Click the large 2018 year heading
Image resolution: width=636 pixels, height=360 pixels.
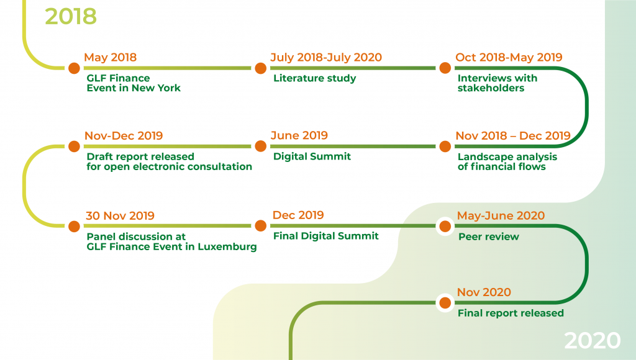tap(71, 16)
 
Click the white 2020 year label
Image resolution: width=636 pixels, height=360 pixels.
tap(592, 340)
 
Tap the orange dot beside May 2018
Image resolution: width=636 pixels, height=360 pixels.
tap(74, 68)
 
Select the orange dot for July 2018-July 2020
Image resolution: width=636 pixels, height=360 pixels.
tap(260, 68)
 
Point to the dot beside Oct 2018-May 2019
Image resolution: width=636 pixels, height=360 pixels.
tap(445, 68)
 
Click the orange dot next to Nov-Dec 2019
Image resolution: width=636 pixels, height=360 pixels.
tap(74, 146)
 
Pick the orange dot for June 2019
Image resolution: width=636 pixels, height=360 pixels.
tap(260, 146)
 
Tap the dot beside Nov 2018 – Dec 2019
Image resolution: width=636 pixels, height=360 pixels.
tap(445, 146)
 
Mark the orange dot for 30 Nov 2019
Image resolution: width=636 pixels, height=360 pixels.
tap(74, 227)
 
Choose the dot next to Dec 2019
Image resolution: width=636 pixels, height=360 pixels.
tap(260, 227)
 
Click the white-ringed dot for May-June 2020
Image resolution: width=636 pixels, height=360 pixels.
tap(445, 227)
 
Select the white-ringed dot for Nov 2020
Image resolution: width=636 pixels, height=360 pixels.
tap(445, 303)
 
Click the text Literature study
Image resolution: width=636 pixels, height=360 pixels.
tap(314, 78)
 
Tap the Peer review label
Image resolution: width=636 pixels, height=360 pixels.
tap(488, 236)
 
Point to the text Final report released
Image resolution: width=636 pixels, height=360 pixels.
tap(511, 313)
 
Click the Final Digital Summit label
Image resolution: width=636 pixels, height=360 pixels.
tap(325, 236)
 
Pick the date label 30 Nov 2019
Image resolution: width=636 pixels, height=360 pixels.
tap(120, 216)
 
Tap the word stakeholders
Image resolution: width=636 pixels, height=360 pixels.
tap(491, 88)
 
